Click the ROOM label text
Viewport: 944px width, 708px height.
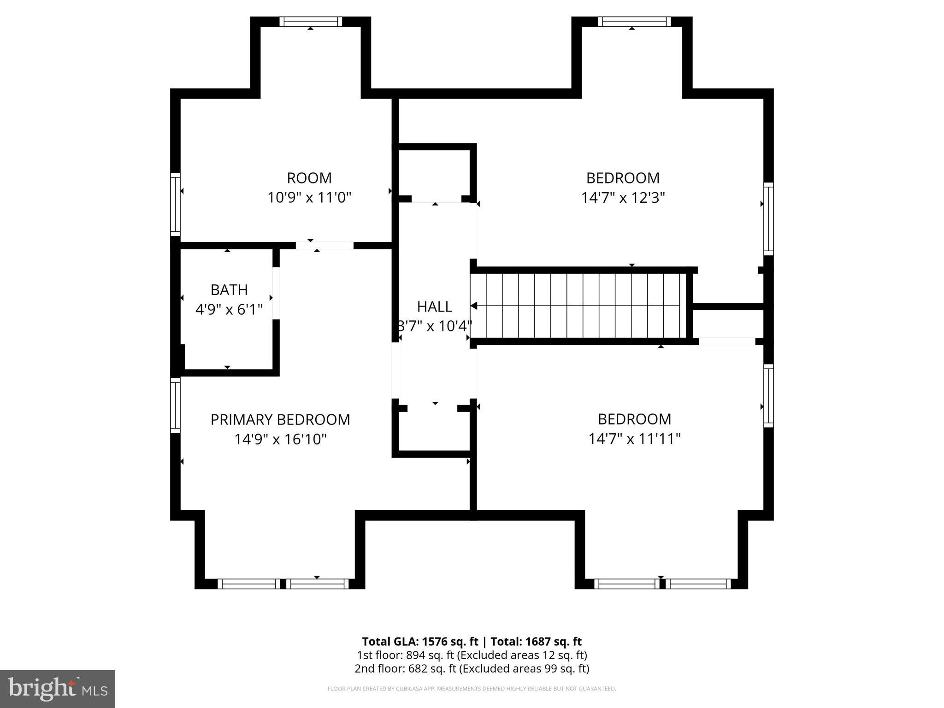click(309, 178)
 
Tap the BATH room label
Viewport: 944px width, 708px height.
click(229, 290)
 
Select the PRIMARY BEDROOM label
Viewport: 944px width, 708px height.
click(280, 419)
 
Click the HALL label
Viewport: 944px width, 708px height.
click(434, 307)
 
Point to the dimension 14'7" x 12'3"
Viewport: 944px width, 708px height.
click(623, 198)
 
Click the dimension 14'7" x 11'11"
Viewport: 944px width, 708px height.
click(634, 439)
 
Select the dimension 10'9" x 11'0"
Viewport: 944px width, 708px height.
click(309, 198)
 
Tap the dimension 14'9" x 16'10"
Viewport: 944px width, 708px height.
click(280, 439)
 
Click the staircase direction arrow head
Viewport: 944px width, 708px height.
click(474, 306)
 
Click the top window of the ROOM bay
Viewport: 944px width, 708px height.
click(311, 22)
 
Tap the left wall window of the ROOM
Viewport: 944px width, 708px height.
click(175, 204)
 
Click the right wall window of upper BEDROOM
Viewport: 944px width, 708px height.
click(768, 218)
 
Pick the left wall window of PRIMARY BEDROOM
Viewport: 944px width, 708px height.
click(175, 405)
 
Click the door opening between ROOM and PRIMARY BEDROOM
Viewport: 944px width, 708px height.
click(324, 245)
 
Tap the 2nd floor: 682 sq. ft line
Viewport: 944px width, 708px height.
click(472, 668)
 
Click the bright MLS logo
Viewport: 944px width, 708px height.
click(58, 689)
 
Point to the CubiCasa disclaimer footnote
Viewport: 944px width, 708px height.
click(472, 689)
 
